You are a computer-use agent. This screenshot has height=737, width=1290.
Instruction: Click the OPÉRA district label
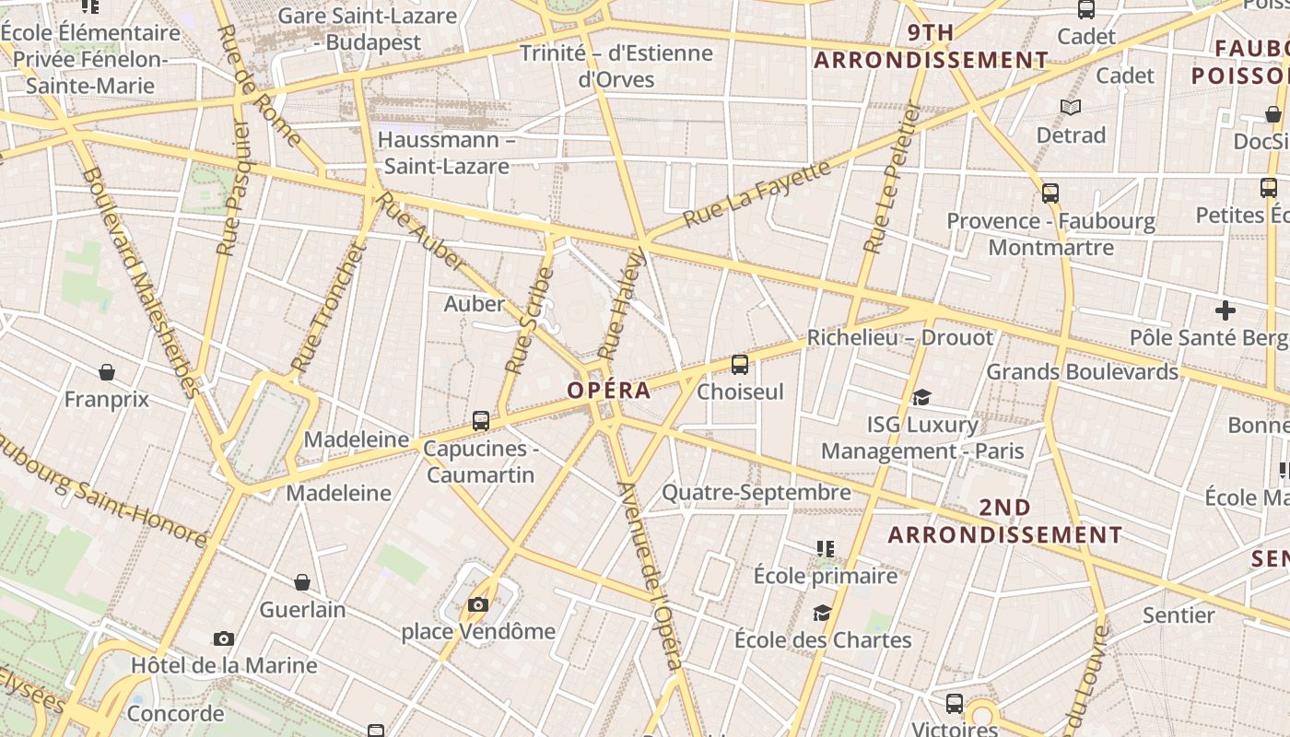pos(608,390)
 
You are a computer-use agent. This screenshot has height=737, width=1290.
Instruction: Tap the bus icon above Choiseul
pos(740,364)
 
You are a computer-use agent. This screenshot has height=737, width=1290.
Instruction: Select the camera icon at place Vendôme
pos(477,604)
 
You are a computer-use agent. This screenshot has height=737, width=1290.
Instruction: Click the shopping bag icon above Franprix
pos(107,372)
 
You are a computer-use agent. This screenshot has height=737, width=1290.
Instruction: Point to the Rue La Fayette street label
pos(756,194)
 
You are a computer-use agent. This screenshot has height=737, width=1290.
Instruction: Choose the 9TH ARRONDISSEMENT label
pos(931,47)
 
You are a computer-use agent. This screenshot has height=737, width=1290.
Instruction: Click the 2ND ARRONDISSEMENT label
pos(1004,521)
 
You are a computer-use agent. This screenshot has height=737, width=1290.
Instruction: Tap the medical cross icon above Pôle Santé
pos(1225,310)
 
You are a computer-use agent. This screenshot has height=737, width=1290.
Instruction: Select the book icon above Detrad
pos(1070,108)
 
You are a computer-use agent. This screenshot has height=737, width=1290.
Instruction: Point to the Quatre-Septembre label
pos(756,492)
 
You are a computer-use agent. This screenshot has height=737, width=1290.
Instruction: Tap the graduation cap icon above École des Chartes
pos(822,613)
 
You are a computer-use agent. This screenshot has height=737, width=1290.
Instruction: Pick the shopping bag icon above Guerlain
pos(301,582)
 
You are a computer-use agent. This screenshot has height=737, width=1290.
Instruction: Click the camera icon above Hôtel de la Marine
pos(223,638)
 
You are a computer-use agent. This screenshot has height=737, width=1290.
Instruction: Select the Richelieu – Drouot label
pos(900,338)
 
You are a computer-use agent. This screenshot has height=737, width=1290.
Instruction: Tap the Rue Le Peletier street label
pos(893,177)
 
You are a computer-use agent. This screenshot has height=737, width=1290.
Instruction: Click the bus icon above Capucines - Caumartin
pos(480,421)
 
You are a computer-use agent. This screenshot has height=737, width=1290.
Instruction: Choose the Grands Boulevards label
pos(1082,372)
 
